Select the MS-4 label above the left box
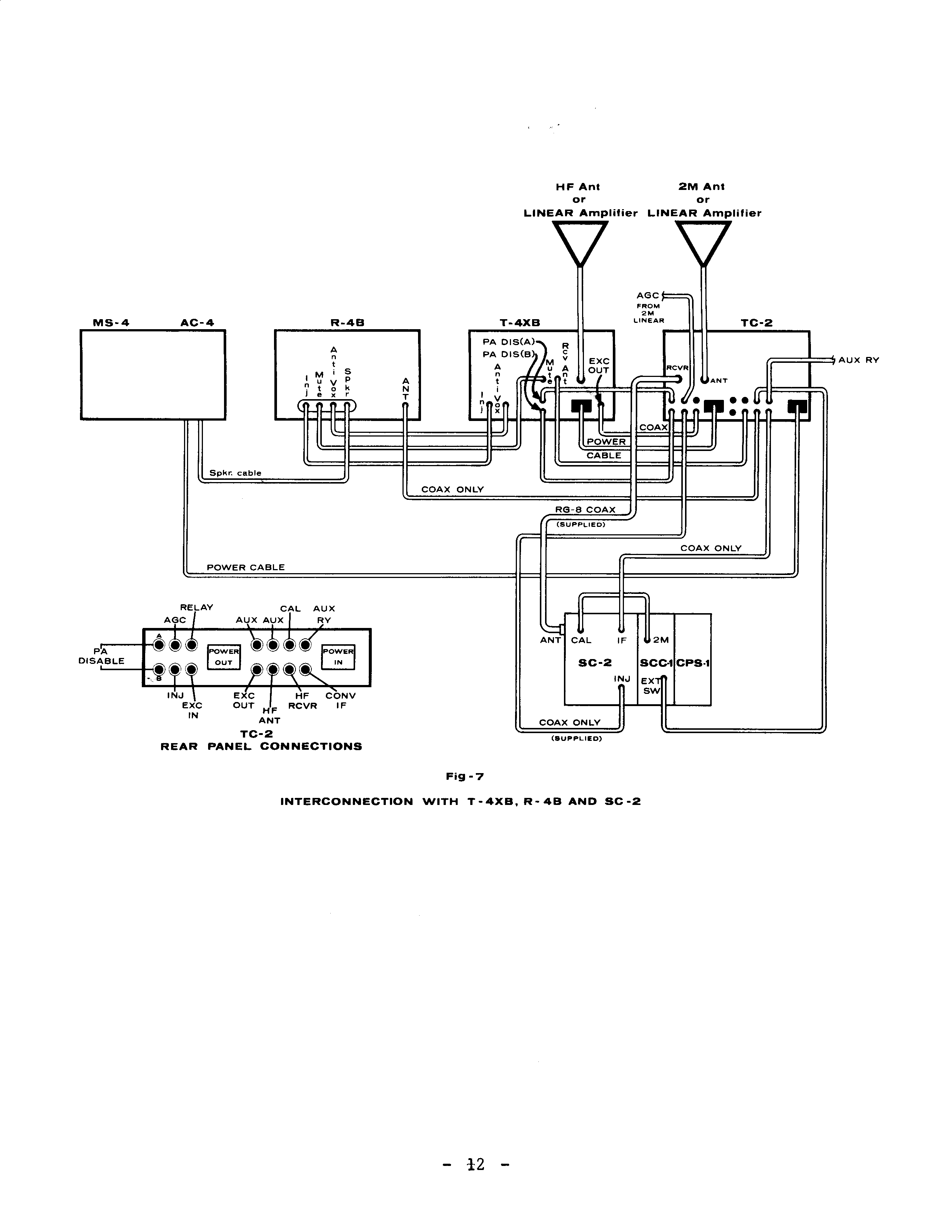pos(111,322)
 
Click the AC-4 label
pos(197,322)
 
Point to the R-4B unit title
pos(347,322)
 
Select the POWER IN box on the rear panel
pos(338,657)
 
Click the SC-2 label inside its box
pos(595,663)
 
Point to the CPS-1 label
pos(693,663)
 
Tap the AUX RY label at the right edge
pos(858,360)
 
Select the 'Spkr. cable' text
pos(235,473)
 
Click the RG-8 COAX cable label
pos(585,510)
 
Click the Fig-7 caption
pos(465,777)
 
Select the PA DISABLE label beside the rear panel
pos(101,656)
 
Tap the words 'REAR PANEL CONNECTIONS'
pos(261,747)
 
